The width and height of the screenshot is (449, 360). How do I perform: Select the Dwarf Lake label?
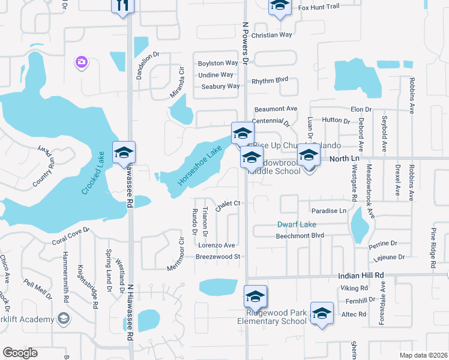(296, 225)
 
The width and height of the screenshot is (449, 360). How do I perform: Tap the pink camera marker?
(81, 62)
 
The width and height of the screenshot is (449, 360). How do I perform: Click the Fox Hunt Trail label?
(319, 7)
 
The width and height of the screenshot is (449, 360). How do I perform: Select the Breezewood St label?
(218, 257)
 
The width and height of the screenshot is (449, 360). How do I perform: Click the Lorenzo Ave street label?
(216, 245)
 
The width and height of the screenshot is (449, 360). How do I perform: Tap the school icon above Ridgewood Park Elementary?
(255, 296)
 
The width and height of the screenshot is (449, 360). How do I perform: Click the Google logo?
(20, 353)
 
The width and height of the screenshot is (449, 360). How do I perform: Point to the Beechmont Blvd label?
(300, 236)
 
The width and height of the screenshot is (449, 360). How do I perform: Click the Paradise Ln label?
(328, 211)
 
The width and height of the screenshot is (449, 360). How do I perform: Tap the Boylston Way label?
(218, 63)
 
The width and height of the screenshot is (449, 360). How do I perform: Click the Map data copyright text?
(423, 355)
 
